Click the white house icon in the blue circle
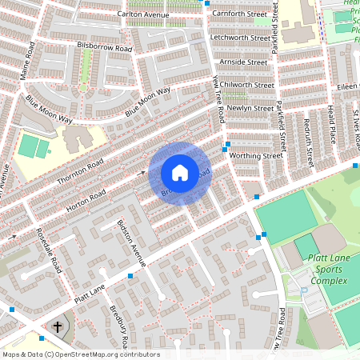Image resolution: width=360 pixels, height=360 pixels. pyautogui.click(x=180, y=172)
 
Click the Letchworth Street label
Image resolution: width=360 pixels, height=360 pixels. pyautogui.click(x=240, y=38)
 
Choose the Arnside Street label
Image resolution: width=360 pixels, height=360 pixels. pyautogui.click(x=245, y=62)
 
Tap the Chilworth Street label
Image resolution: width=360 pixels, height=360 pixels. pyautogui.click(x=247, y=85)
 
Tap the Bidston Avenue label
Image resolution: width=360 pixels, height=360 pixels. pyautogui.click(x=131, y=242)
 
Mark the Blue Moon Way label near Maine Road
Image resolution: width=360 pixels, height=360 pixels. pyautogui.click(x=49, y=110)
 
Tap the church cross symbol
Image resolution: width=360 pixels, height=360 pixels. pyautogui.click(x=58, y=327)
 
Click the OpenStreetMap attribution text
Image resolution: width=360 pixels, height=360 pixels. pyautogui.click(x=80, y=354)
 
